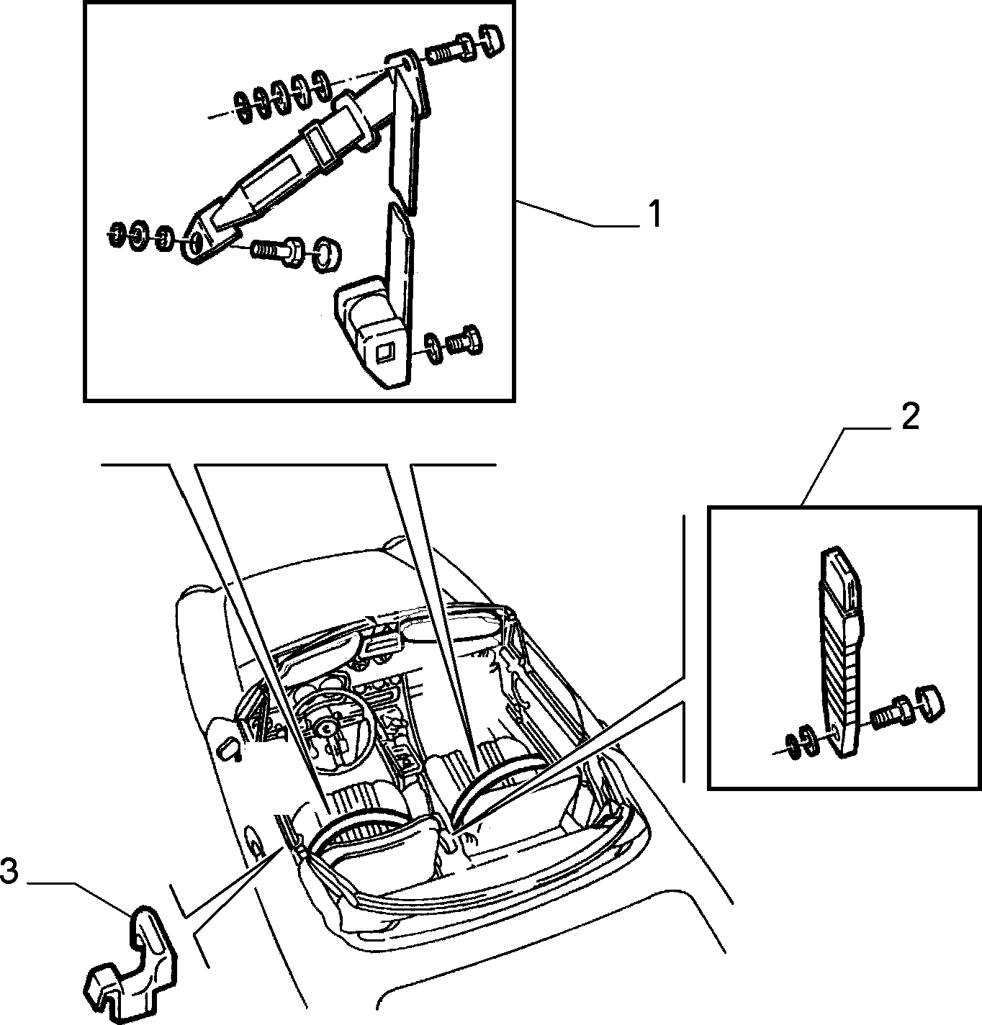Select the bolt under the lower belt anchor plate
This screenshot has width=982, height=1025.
click(276, 250)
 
